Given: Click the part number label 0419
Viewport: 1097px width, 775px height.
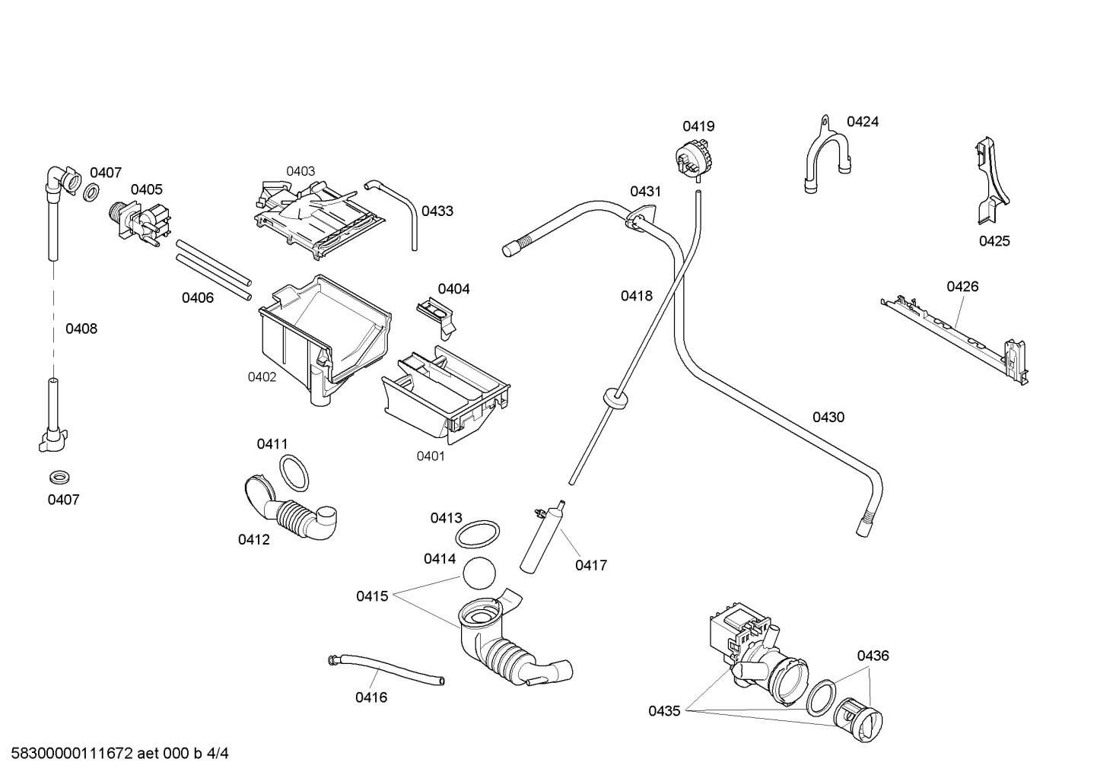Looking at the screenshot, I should coord(698,126).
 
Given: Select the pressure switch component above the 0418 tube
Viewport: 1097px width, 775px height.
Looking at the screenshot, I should coord(693,160).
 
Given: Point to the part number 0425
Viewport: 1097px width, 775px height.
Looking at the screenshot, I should coord(994,241).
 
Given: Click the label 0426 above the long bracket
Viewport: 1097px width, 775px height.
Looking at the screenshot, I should coord(962,287).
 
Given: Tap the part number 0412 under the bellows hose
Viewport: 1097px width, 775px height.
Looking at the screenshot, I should coord(253,540).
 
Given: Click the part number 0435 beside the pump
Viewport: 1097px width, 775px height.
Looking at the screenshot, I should coord(664,711).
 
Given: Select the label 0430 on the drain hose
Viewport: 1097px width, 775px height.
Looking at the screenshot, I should coord(828,417).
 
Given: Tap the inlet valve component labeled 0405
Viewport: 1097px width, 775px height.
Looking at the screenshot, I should coord(140,221).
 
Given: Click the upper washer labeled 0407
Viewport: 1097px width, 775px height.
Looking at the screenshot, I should coord(90,192).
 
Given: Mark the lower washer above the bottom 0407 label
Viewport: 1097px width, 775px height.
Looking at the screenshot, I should coord(58,477).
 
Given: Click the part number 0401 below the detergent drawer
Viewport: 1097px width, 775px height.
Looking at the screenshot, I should coord(430,456).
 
